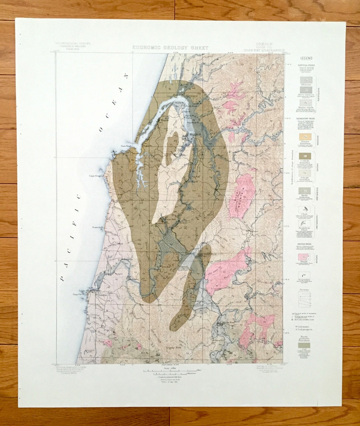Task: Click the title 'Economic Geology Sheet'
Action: click(x=170, y=48)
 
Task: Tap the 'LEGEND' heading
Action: click(x=306, y=58)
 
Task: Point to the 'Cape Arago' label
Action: click(x=95, y=176)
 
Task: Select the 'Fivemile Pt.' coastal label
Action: click(x=98, y=228)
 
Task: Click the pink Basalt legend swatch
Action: click(x=306, y=257)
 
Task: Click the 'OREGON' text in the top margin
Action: click(x=264, y=44)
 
